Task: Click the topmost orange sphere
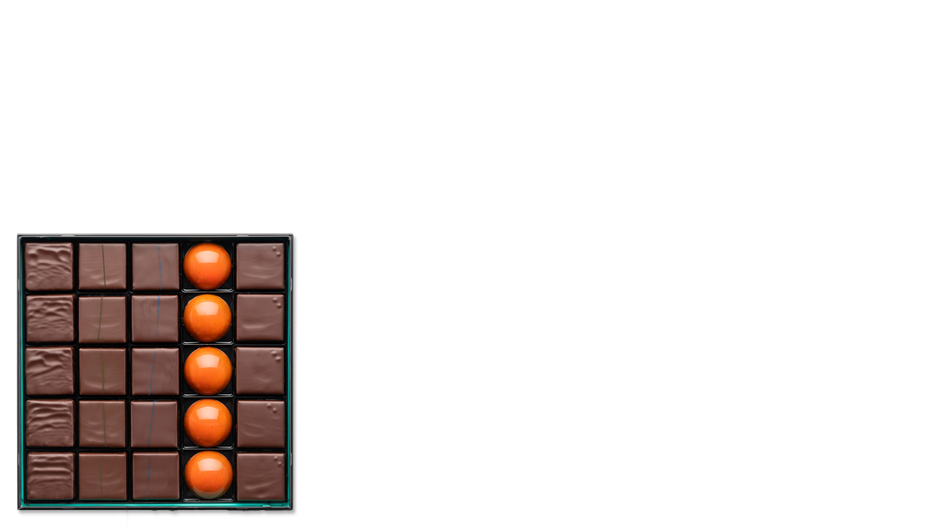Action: pos(208,266)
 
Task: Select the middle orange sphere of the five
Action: pos(208,371)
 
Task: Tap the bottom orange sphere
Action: pos(208,474)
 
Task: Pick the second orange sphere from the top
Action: pos(208,318)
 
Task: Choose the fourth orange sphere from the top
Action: pos(208,423)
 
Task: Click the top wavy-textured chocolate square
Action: pos(49,266)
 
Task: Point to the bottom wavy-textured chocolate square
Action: pos(49,476)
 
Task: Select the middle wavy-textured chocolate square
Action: pos(49,371)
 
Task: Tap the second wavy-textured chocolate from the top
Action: pos(49,318)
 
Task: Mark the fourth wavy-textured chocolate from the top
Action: pos(49,423)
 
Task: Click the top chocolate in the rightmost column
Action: pos(260,266)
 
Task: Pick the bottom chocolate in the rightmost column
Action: pos(260,476)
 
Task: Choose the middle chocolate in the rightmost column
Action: pos(260,371)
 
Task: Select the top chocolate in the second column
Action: pos(102,266)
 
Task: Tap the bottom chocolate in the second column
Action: pos(102,476)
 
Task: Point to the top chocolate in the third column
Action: pos(155,266)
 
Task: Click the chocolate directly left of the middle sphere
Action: pos(155,371)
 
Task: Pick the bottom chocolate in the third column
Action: pos(155,476)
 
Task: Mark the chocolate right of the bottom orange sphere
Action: pos(260,476)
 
